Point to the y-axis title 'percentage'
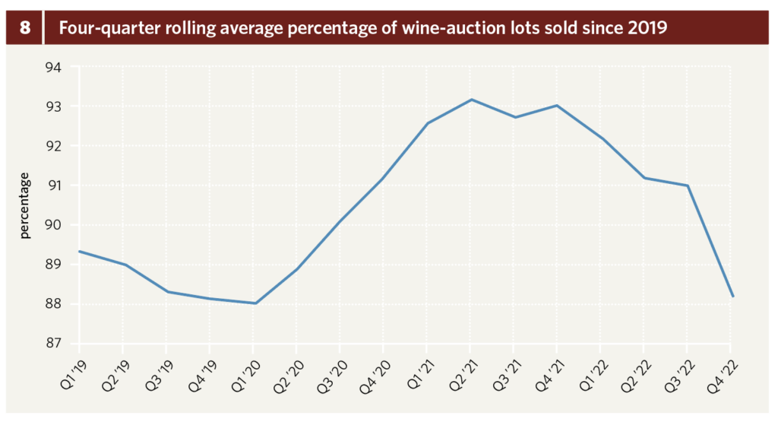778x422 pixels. pyautogui.click(x=25, y=206)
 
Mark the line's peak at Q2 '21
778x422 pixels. pyautogui.click(x=471, y=100)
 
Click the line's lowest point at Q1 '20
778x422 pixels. pyautogui.click(x=255, y=303)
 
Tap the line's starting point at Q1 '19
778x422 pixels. pyautogui.click(x=81, y=252)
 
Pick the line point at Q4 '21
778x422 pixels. pyautogui.click(x=558, y=106)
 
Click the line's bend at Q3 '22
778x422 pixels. pyautogui.click(x=688, y=186)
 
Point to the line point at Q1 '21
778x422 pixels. pyautogui.click(x=428, y=123)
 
